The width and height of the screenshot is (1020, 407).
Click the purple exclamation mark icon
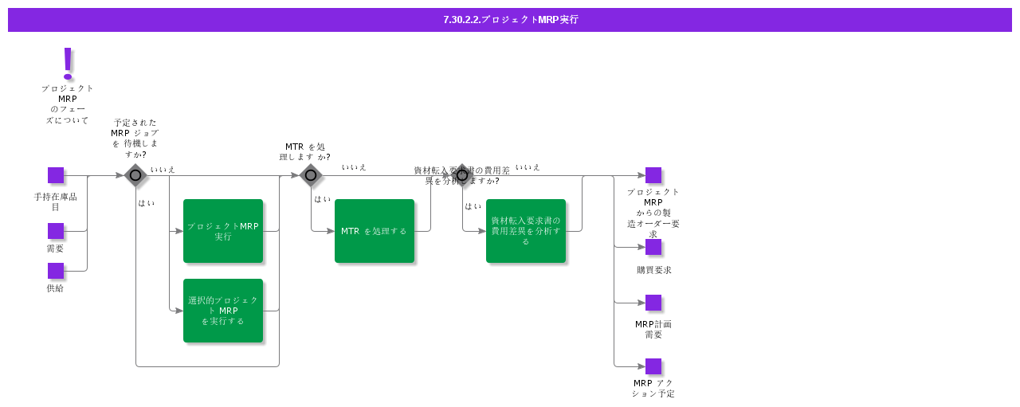[68, 63]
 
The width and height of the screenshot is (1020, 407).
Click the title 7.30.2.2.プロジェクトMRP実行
[510, 20]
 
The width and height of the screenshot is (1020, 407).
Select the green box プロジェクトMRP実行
[223, 231]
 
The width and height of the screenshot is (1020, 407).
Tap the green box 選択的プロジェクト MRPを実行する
[223, 311]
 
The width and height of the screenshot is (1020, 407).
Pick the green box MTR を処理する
[375, 231]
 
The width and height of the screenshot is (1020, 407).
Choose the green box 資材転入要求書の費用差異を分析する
[526, 231]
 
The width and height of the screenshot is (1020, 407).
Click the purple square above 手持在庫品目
[56, 175]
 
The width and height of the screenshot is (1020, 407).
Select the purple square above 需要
[56, 231]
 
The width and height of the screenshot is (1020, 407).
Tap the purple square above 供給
[56, 271]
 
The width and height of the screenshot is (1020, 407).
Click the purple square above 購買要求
[653, 247]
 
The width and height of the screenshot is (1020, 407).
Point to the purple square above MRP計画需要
[653, 303]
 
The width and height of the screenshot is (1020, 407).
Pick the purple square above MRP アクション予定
[653, 366]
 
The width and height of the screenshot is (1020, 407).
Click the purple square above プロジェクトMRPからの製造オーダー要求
[653, 175]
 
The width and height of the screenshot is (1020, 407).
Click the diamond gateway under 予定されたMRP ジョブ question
[135, 175]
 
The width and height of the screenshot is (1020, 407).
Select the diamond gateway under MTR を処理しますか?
[311, 175]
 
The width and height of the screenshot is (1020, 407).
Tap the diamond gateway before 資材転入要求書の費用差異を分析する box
[462, 175]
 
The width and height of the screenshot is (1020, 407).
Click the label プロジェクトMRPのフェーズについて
[68, 104]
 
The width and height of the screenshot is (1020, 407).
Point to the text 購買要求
[653, 270]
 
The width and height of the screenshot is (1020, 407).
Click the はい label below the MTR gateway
[322, 199]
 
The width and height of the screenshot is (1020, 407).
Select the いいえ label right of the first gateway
[163, 170]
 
